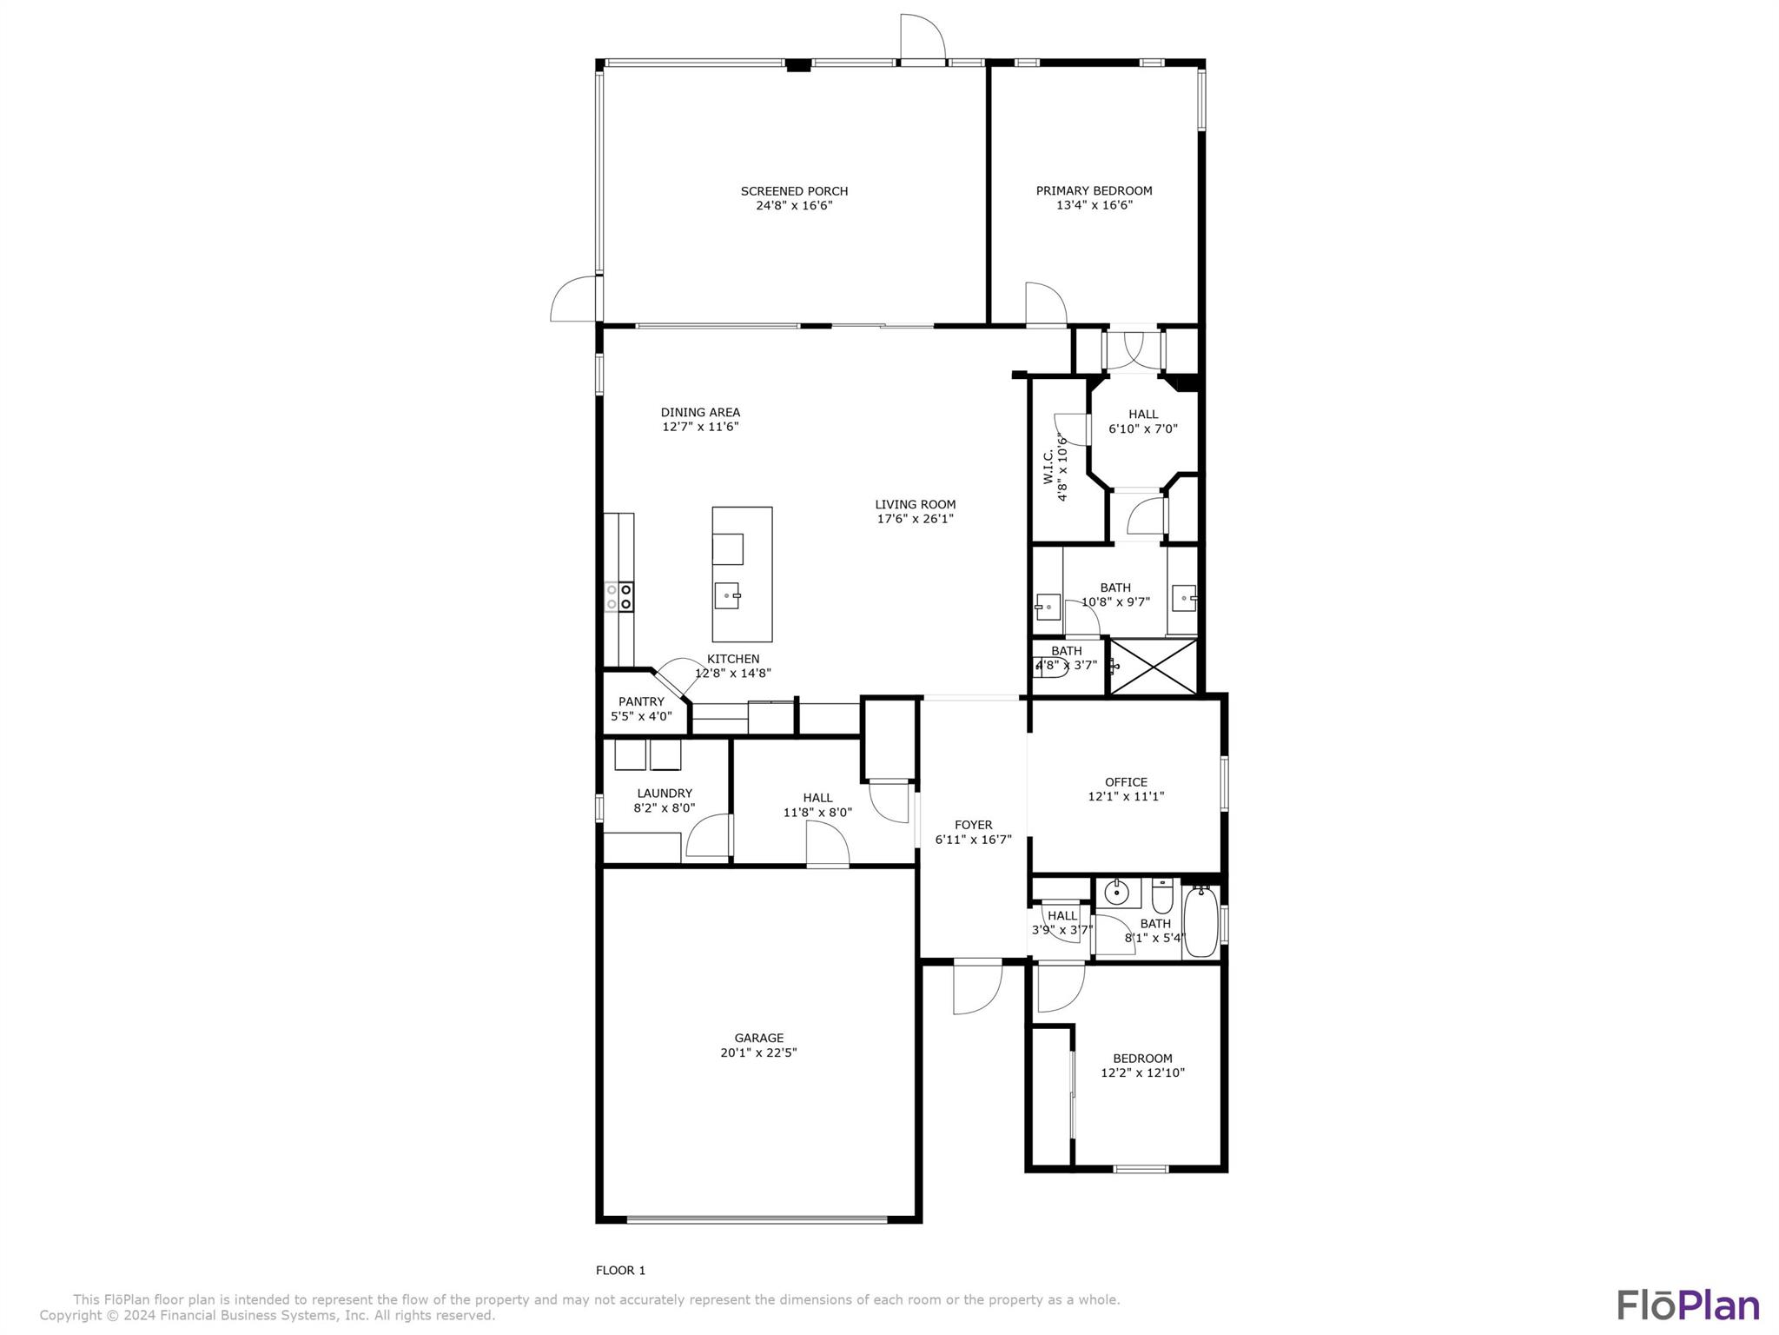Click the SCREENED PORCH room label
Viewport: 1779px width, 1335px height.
(x=794, y=191)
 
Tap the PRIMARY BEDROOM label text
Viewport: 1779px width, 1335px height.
(x=1094, y=190)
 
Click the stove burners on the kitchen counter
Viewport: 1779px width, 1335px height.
(x=618, y=597)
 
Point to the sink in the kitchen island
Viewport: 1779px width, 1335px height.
(x=727, y=595)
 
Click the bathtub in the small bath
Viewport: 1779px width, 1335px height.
(x=1200, y=920)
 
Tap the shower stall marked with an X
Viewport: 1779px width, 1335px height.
(x=1154, y=667)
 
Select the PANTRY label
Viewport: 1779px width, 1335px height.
(x=641, y=701)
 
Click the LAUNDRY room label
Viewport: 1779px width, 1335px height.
(x=665, y=793)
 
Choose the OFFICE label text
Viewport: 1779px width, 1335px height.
(x=1126, y=781)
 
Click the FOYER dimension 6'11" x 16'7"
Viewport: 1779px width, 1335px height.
(x=973, y=840)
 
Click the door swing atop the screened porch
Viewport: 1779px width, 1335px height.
(x=922, y=38)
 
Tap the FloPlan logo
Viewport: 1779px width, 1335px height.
(x=1687, y=1305)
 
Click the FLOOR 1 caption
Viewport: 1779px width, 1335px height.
(x=620, y=1270)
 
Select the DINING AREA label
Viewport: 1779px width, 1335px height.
(x=700, y=412)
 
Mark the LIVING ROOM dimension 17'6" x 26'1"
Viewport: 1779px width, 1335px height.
(x=915, y=519)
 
